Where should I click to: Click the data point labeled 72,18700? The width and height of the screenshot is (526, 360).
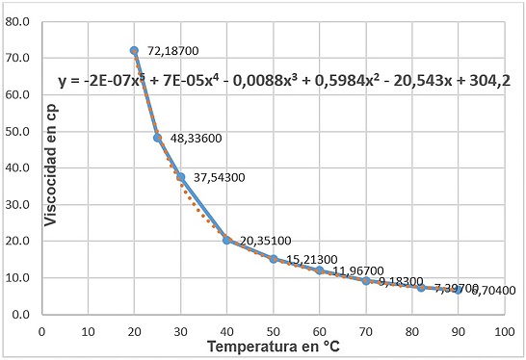click(x=134, y=50)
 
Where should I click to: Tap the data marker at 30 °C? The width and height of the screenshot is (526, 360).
click(x=180, y=177)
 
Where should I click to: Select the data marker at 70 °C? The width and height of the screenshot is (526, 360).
click(x=366, y=281)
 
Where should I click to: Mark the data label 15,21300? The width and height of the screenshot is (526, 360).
click(x=312, y=260)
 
